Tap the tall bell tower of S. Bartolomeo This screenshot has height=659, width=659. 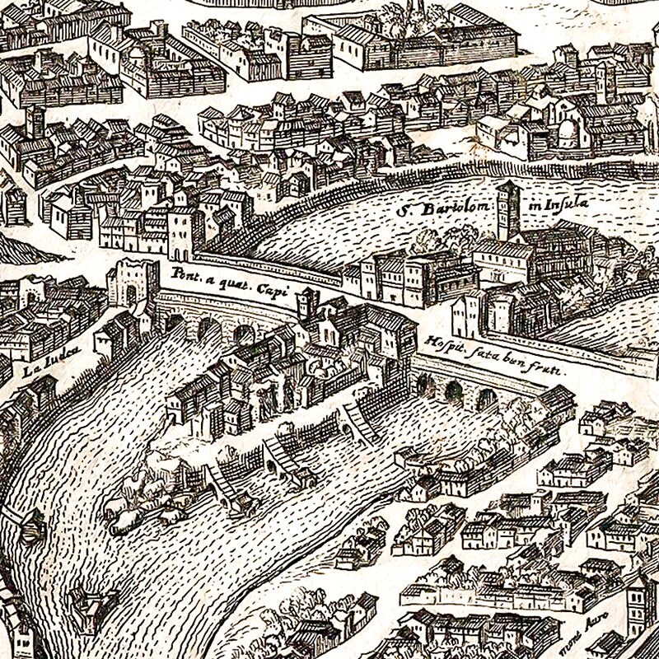point(507,211)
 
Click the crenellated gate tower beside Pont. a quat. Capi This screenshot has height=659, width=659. point(133,283)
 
